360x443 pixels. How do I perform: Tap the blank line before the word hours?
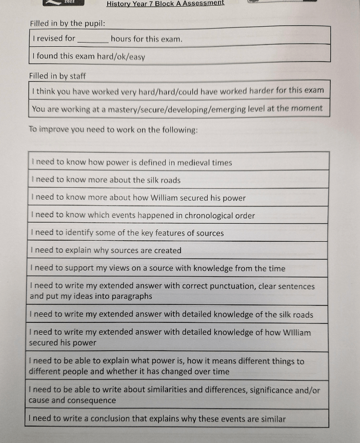92,40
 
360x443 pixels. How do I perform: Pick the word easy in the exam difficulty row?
137,57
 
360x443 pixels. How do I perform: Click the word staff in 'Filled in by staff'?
78,76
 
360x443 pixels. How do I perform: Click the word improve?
54,130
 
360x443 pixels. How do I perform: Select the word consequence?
92,400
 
